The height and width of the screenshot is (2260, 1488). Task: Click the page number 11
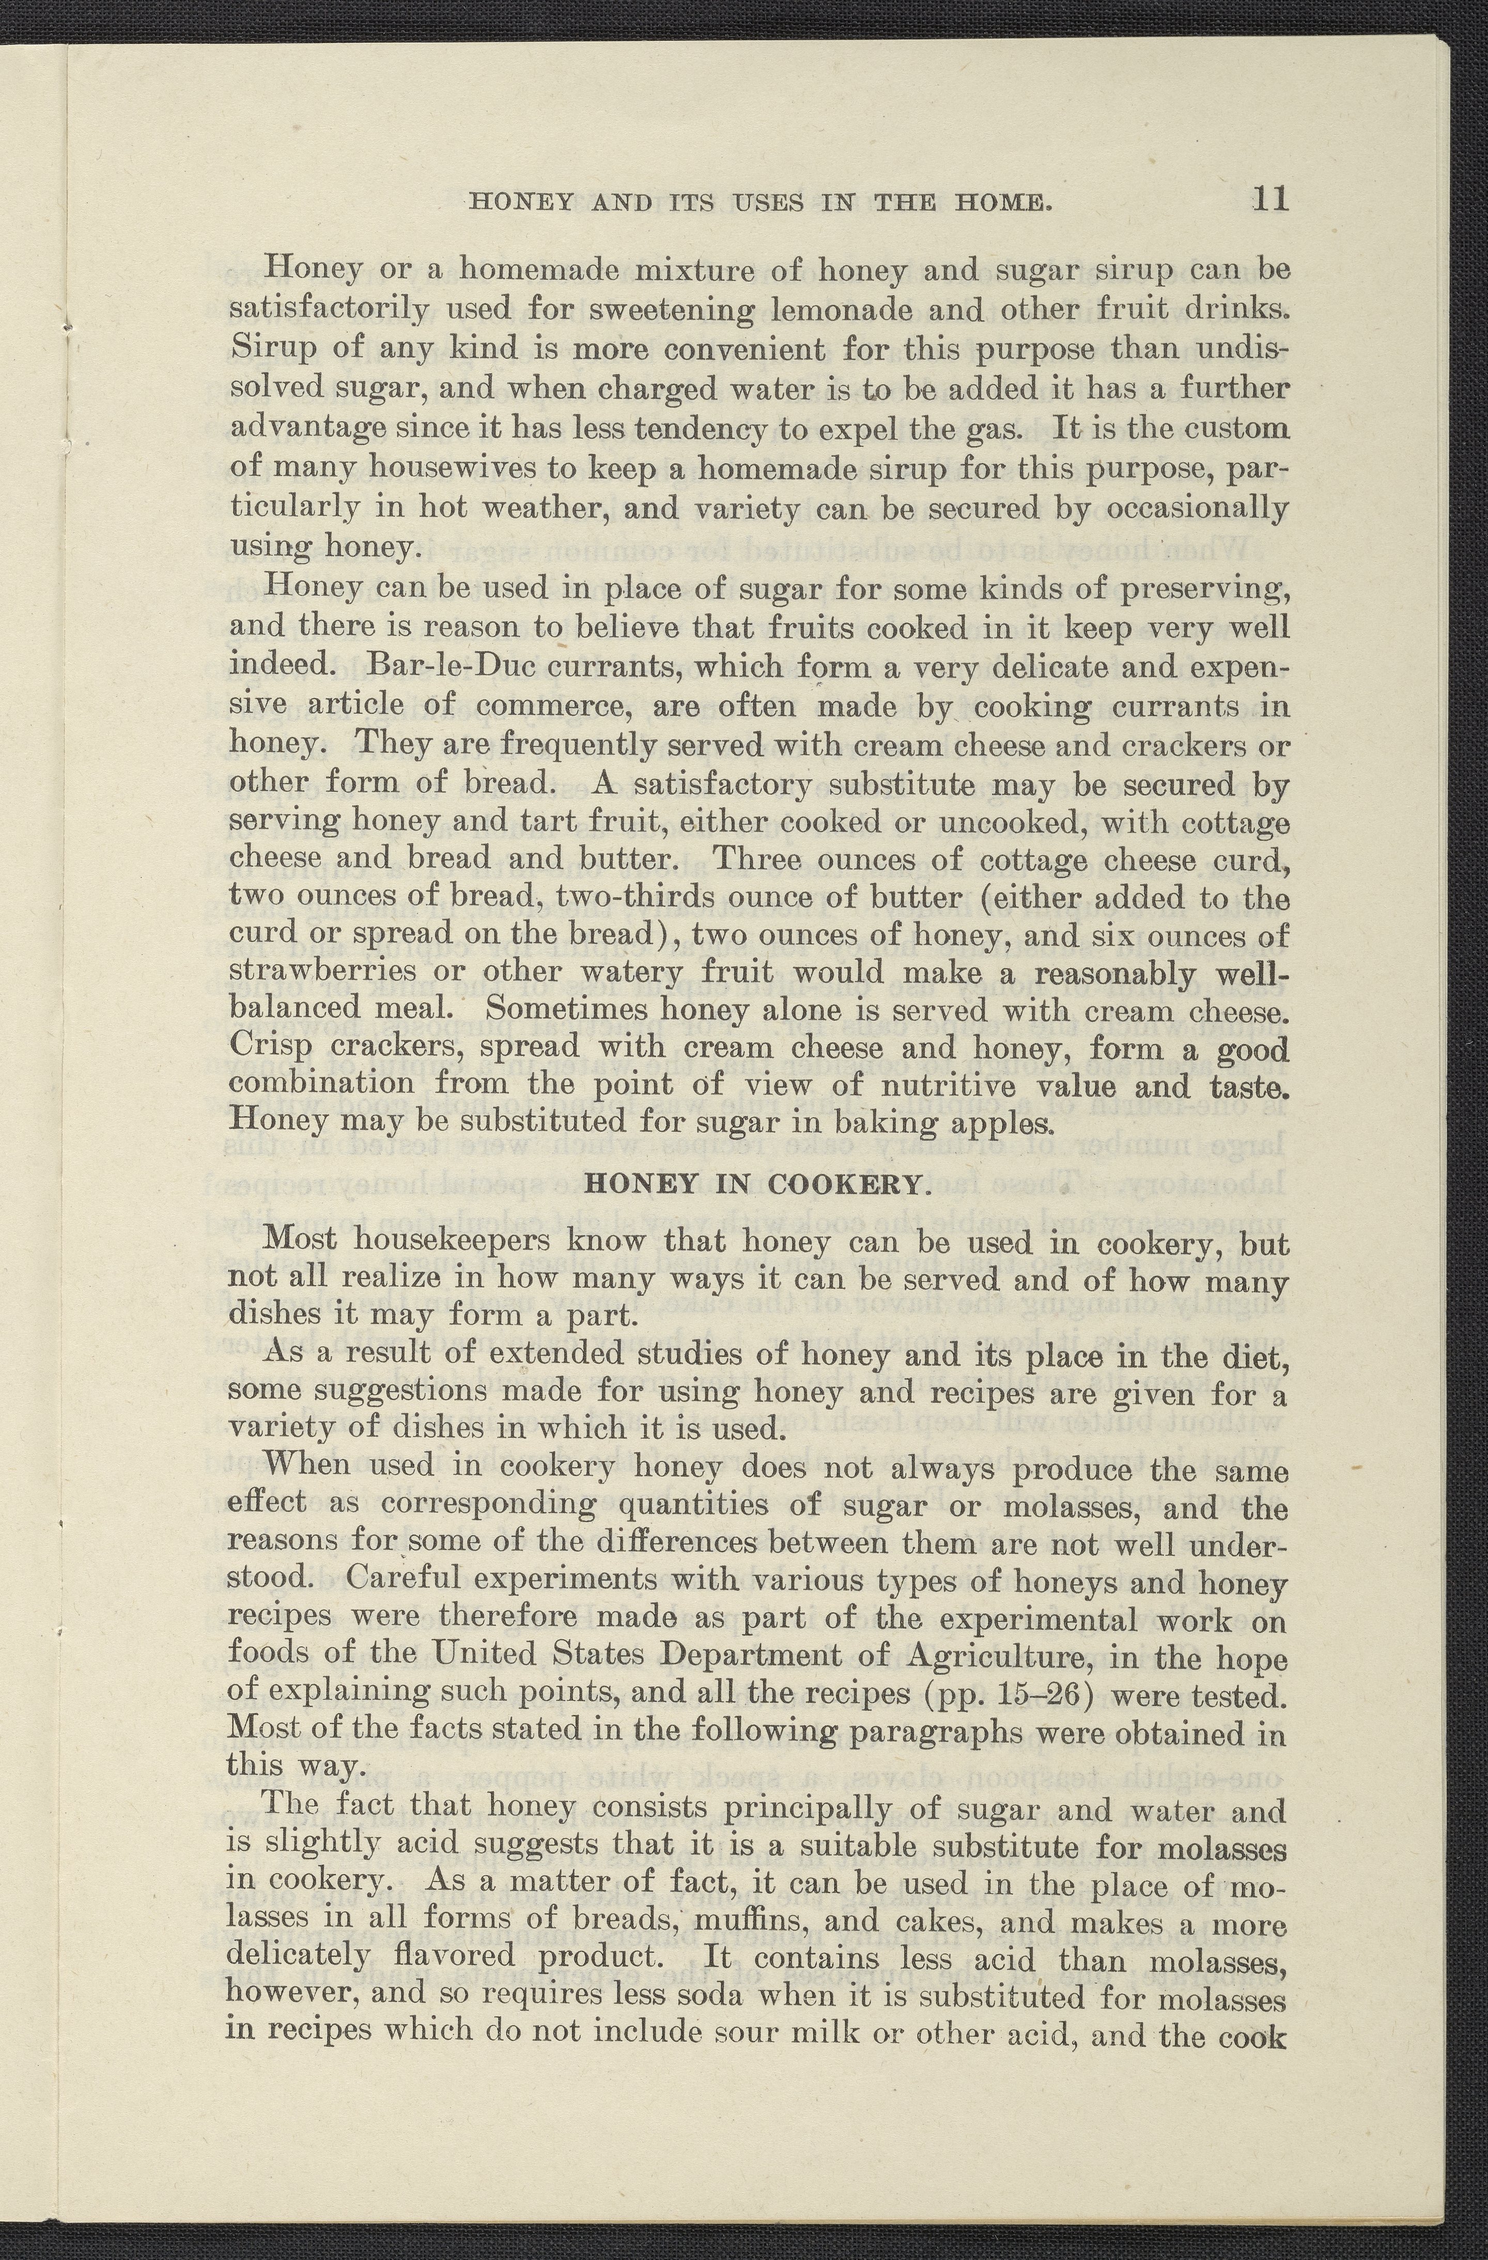point(1268,199)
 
